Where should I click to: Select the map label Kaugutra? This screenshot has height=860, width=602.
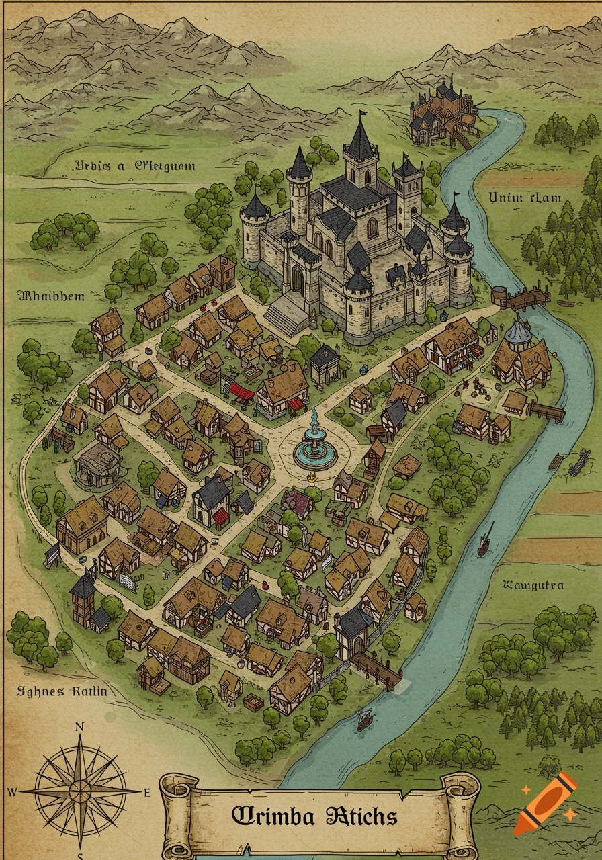point(533,585)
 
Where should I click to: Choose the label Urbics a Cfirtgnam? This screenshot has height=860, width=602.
point(135,165)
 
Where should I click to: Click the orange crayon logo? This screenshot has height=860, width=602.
point(546,803)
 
